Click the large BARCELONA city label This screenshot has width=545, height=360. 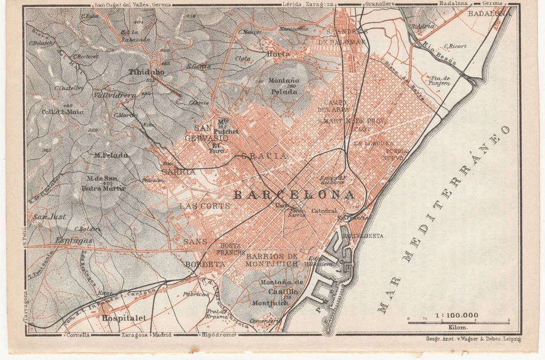pos(294,195)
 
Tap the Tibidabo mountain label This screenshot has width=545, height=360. pos(147,73)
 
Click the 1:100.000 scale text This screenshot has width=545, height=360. pos(456,315)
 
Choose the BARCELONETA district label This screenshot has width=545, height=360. pos(363,235)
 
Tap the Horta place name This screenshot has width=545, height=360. pos(278,54)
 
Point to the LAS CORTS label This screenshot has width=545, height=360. pos(204,206)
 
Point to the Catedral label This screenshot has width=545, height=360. pos(324,211)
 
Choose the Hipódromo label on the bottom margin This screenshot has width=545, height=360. pos(217,335)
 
